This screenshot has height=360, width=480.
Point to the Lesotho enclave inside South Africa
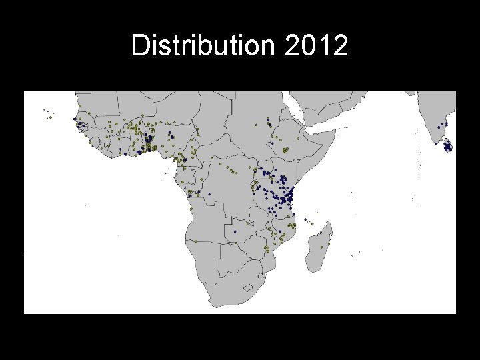tap(250, 289)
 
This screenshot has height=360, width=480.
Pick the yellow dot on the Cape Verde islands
tap(50, 117)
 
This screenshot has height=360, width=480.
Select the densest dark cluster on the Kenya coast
tap(289, 198)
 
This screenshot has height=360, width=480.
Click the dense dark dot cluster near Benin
tap(149, 141)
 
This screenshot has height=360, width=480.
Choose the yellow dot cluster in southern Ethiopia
tap(285, 150)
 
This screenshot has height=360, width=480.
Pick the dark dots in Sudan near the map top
tap(268, 121)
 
